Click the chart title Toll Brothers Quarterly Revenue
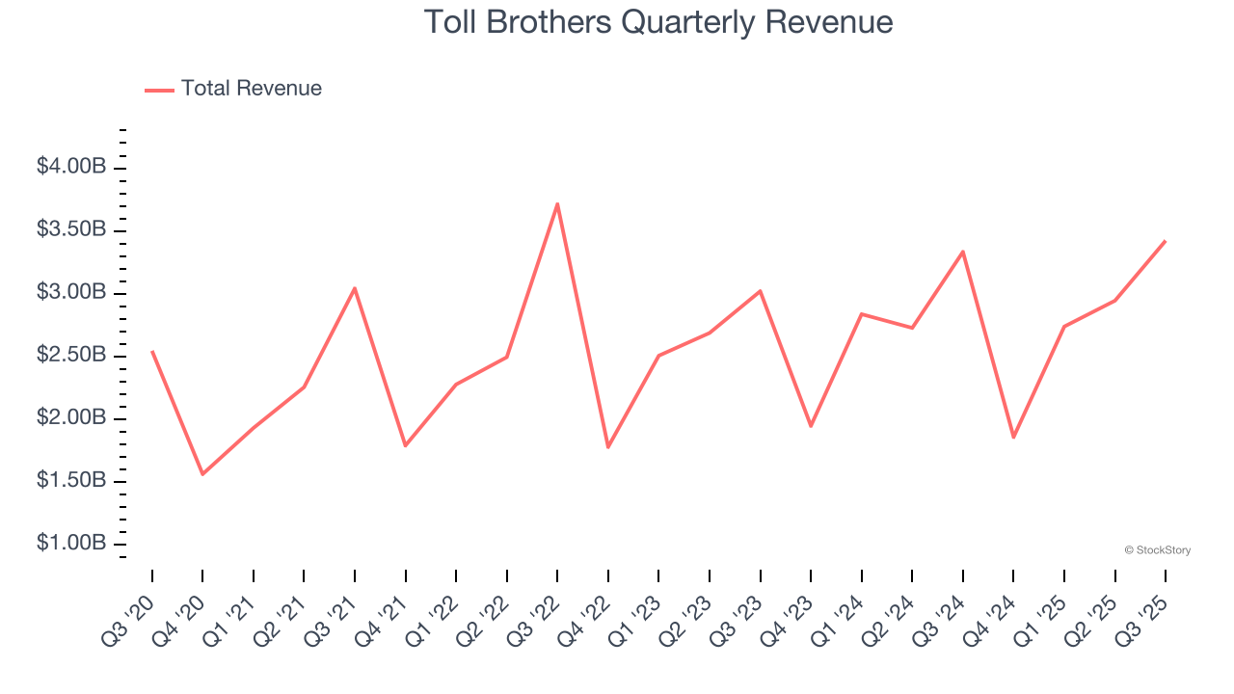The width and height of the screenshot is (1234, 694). click(x=658, y=22)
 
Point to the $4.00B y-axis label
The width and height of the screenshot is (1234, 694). click(x=71, y=167)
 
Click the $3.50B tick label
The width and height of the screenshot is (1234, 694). click(x=71, y=229)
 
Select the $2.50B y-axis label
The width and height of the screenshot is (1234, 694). click(x=71, y=355)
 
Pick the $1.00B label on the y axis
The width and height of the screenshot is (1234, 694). click(x=71, y=544)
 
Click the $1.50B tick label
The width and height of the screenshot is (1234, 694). click(x=71, y=480)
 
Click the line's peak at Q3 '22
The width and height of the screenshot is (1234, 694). click(x=557, y=203)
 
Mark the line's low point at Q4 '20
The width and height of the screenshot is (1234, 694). click(x=202, y=474)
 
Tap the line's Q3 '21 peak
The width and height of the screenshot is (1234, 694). click(x=355, y=288)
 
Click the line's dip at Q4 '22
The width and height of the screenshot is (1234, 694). click(x=608, y=447)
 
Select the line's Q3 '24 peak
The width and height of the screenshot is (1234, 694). click(x=963, y=252)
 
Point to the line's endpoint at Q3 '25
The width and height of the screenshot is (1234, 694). click(x=1166, y=241)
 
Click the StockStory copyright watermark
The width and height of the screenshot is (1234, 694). click(x=1157, y=550)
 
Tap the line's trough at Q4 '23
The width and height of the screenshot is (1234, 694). click(x=811, y=426)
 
